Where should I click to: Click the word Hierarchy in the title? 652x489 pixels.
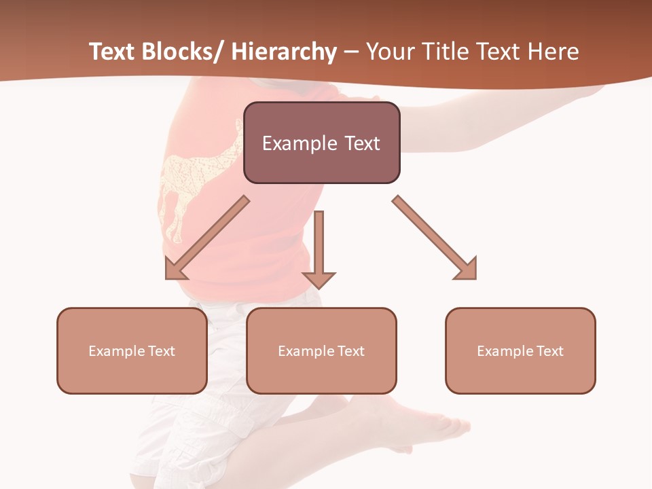click(284, 52)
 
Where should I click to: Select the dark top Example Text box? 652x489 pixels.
click(321, 143)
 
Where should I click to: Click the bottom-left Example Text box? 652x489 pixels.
click(132, 350)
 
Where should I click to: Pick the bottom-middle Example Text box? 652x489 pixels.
click(321, 350)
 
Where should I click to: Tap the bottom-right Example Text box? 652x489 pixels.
click(520, 350)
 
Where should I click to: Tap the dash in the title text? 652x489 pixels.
click(351, 52)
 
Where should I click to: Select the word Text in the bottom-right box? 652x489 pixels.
click(549, 350)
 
